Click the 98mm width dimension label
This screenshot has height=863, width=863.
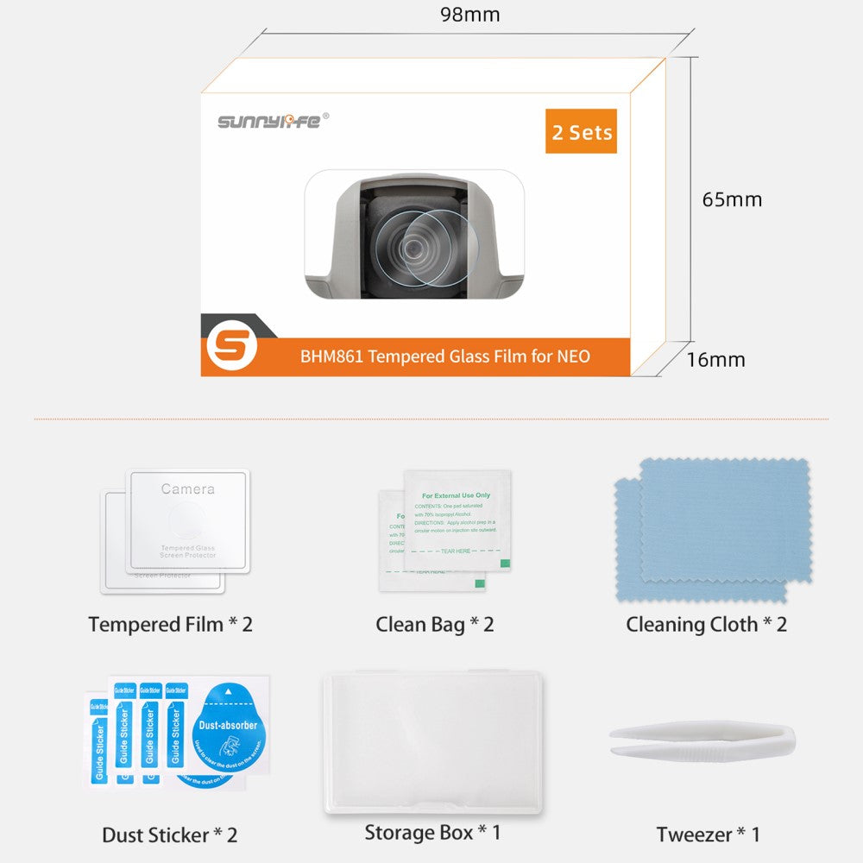(469, 15)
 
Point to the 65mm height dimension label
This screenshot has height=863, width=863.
(732, 199)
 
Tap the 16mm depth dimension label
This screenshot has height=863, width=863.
(715, 359)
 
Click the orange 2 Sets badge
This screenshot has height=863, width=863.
(581, 132)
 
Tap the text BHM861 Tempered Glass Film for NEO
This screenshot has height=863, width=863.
(445, 356)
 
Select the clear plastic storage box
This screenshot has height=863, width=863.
(432, 742)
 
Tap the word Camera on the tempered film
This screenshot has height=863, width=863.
(187, 488)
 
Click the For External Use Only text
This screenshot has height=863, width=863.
(456, 495)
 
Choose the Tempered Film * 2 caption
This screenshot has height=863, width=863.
(170, 624)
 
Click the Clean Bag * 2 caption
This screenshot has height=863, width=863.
(434, 624)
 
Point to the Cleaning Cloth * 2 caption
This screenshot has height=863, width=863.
(706, 624)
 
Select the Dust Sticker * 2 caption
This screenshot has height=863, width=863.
(169, 835)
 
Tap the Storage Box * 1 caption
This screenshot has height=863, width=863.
(432, 833)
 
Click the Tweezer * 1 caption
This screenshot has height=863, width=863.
(708, 835)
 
